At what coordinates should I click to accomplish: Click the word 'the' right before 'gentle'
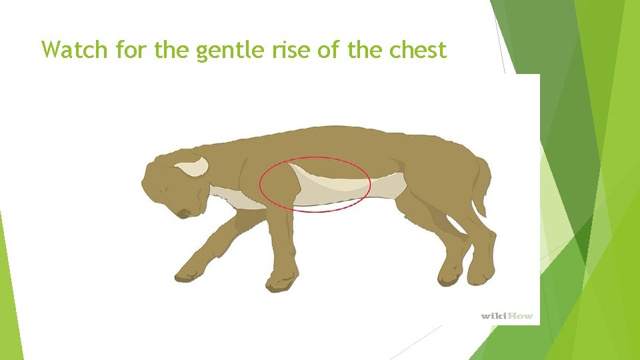(x=172, y=49)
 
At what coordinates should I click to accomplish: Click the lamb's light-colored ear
(x=192, y=167)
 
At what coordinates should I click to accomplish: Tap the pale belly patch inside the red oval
(x=327, y=189)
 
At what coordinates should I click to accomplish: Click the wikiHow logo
(x=507, y=315)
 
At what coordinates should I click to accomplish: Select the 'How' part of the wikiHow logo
(x=521, y=315)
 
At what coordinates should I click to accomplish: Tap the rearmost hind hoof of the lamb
(x=481, y=273)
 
